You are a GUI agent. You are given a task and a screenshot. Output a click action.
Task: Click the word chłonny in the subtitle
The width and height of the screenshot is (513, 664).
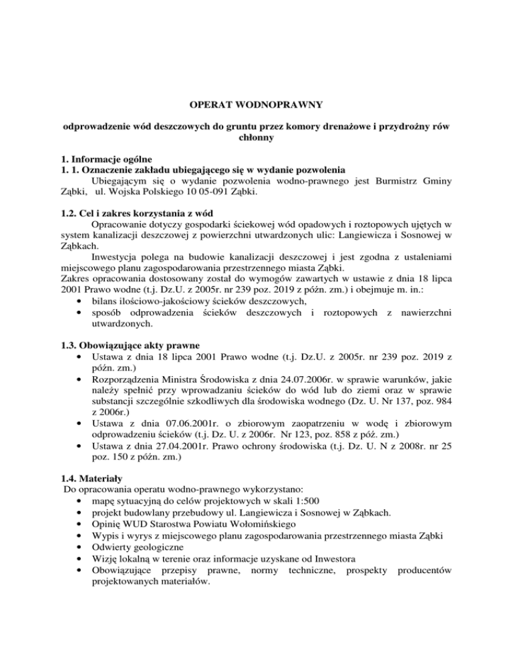(256, 139)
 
